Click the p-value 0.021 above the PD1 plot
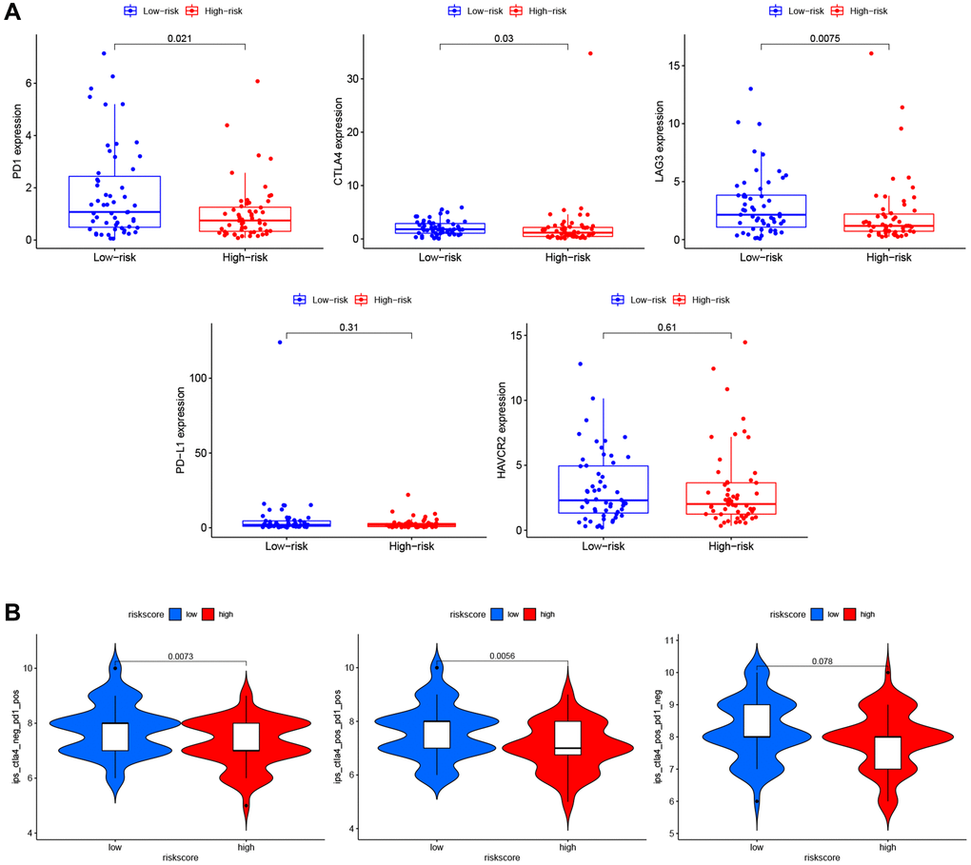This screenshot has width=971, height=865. (179, 36)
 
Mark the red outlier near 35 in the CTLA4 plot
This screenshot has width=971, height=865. (590, 53)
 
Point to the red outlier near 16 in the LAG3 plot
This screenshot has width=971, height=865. (870, 53)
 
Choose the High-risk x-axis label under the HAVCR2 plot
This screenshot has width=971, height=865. (730, 545)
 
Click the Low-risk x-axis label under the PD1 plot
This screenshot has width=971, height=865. (114, 257)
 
